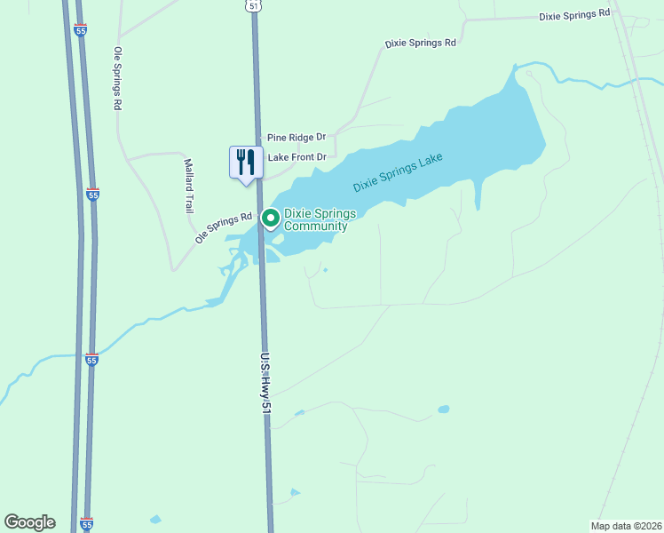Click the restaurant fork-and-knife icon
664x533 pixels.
(x=246, y=162)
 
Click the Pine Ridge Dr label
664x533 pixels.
(x=296, y=138)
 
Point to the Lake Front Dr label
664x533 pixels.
(x=297, y=157)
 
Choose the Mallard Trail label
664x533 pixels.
(x=188, y=186)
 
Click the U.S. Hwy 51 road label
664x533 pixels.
(x=265, y=383)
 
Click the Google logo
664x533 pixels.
(x=29, y=522)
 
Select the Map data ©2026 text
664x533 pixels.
(x=626, y=526)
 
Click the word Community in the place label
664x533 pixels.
(x=316, y=227)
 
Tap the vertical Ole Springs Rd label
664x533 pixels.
(x=116, y=78)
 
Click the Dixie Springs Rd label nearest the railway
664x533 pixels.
(x=574, y=14)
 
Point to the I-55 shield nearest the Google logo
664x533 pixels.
(x=86, y=524)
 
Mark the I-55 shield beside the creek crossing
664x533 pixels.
(x=91, y=359)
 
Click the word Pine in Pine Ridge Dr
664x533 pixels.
(x=276, y=138)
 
